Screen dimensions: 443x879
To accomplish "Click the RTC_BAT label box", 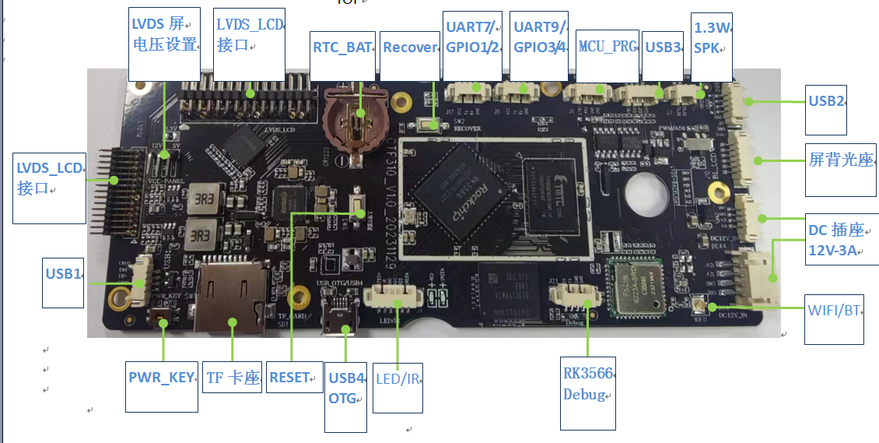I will point(342,47).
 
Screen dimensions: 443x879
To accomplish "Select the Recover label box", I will point(410,47).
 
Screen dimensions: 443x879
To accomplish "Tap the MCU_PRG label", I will point(608,47).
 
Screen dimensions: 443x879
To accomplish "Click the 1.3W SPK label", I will point(712,38).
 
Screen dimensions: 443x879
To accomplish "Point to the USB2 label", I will point(825,101).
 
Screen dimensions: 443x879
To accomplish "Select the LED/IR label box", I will point(397,379).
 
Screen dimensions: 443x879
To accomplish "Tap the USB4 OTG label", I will point(346,388).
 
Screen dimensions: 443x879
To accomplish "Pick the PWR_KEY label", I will point(162,378).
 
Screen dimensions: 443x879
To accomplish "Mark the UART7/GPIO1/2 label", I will point(471,37).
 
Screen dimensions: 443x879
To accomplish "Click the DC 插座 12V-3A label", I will point(836,240).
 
